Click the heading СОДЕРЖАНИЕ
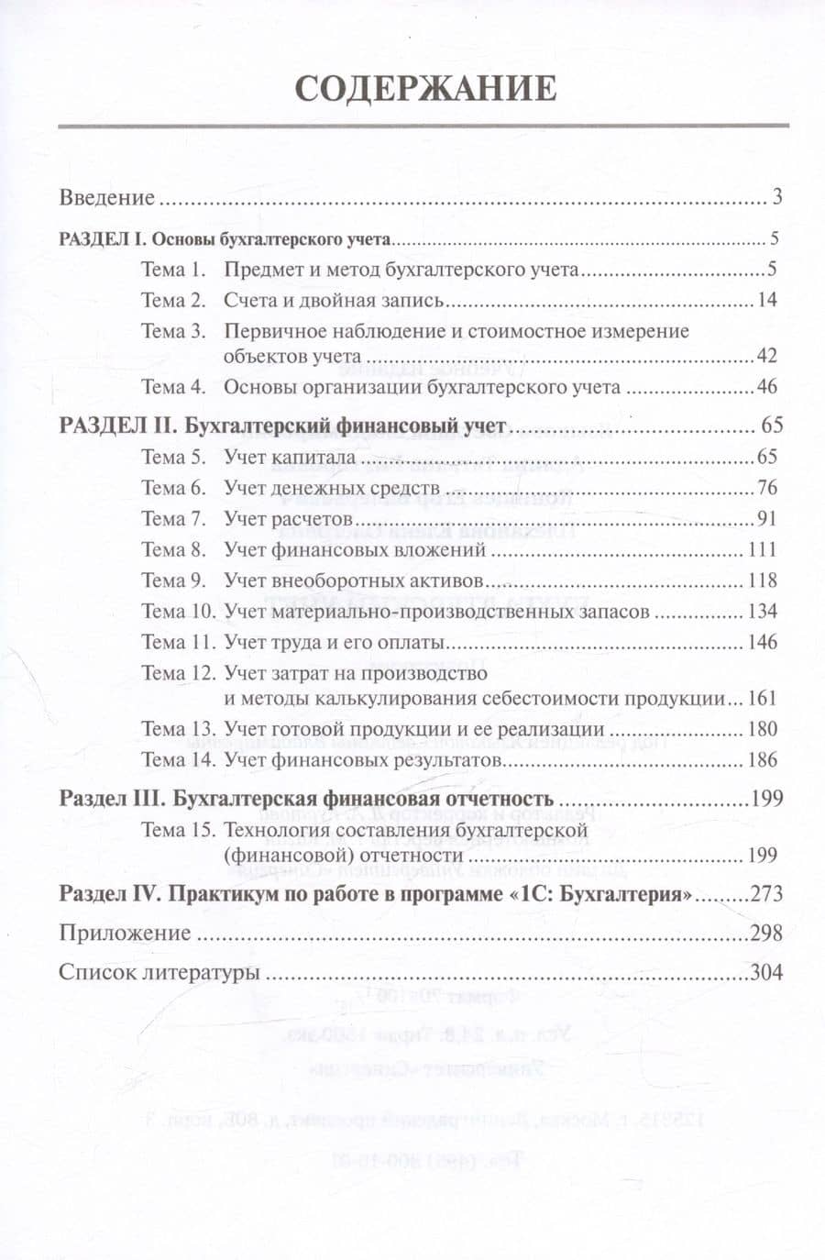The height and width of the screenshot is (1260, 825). (x=425, y=88)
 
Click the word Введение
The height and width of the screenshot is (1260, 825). (x=106, y=198)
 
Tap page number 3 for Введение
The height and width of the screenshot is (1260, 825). (x=776, y=198)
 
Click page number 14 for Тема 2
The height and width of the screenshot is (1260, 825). (x=766, y=301)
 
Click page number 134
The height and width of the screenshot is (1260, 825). (x=762, y=612)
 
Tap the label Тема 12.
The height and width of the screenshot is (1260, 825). (x=178, y=673)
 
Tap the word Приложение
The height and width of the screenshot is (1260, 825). (x=125, y=934)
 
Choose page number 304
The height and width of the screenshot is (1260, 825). (x=766, y=972)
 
